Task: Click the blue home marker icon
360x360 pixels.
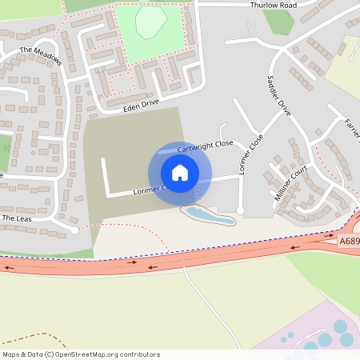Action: (x=180, y=173)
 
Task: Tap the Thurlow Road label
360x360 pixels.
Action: (x=273, y=5)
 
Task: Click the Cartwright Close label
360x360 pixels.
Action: (x=206, y=146)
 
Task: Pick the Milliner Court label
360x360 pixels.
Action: (x=290, y=183)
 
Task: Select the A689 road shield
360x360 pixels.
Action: (x=348, y=240)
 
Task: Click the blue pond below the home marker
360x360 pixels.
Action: (x=206, y=214)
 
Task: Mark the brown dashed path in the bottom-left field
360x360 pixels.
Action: (x=32, y=337)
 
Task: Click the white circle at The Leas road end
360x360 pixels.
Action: (x=74, y=230)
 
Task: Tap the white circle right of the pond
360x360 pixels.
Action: (x=240, y=210)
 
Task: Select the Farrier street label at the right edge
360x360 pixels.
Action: (x=353, y=128)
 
